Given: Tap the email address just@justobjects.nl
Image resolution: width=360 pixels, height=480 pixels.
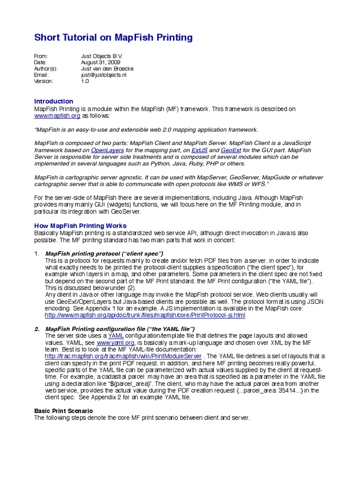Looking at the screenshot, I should point(104,75).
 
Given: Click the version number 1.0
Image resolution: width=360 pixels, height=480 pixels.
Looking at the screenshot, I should point(85,81).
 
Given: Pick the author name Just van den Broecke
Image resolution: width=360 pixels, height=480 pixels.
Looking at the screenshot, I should point(108,68).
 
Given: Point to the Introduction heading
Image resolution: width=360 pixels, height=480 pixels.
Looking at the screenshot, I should point(54,101).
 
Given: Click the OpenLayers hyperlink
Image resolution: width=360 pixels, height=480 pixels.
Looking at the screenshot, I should point(106,150).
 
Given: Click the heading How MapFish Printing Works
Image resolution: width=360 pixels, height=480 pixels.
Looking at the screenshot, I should point(80,226).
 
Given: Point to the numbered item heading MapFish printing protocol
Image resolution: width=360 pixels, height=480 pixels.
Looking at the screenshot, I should point(104,254).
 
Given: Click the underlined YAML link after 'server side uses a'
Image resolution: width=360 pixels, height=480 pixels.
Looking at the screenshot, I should point(116,336).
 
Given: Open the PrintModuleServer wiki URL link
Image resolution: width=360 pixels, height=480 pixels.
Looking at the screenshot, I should point(123,356).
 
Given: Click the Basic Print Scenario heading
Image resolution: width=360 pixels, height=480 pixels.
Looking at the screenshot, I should point(67,411).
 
